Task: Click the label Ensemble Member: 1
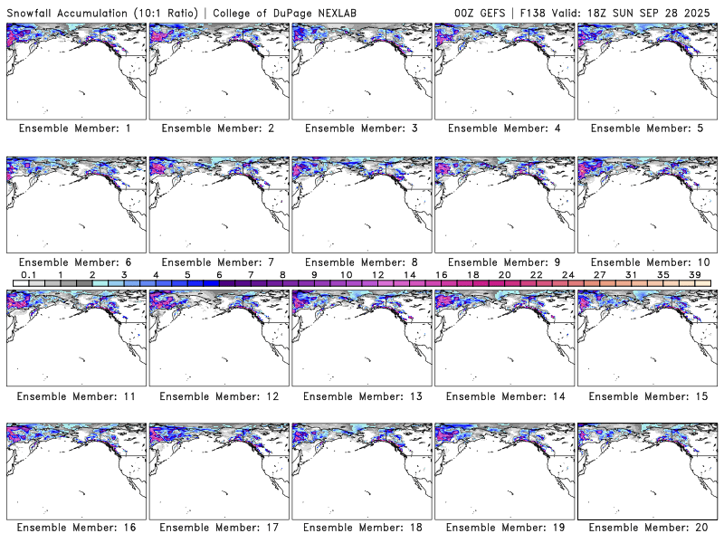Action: pyautogui.click(x=75, y=129)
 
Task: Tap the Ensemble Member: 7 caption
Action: pyautogui.click(x=217, y=262)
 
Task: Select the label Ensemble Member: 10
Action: pyautogui.click(x=649, y=262)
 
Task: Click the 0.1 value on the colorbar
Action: pyautogui.click(x=29, y=274)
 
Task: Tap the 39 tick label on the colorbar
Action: pyautogui.click(x=693, y=274)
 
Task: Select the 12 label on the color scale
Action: pyautogui.click(x=377, y=274)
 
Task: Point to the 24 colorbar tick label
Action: pyautogui.click(x=567, y=274)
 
